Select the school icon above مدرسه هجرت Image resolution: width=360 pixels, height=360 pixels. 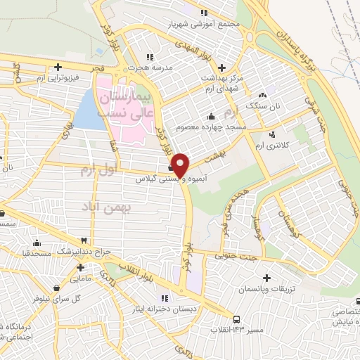coord(150,57)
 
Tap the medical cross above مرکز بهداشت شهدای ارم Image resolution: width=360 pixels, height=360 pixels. coord(222,67)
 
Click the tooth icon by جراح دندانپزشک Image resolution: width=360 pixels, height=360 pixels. coord(85,240)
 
